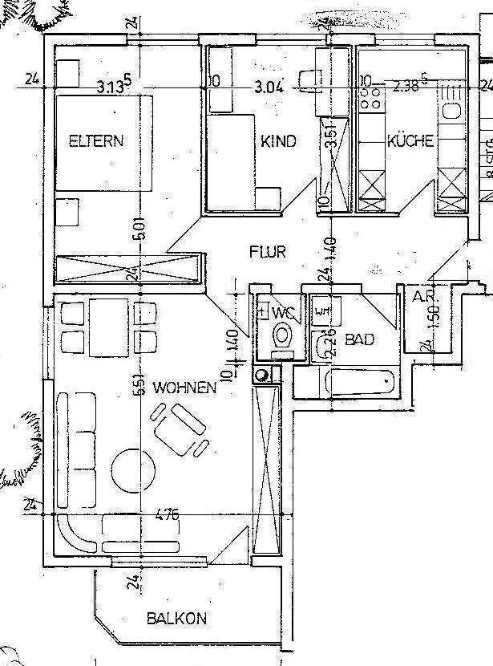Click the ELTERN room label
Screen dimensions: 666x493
[96, 141]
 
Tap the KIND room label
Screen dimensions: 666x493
[278, 141]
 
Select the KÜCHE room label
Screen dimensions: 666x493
[410, 141]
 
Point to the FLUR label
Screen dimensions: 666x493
[268, 252]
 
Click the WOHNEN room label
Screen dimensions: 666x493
[185, 388]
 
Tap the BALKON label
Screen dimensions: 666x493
[176, 619]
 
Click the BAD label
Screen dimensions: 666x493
[360, 340]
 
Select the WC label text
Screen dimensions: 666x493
[283, 311]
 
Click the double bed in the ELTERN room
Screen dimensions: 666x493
[103, 142]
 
